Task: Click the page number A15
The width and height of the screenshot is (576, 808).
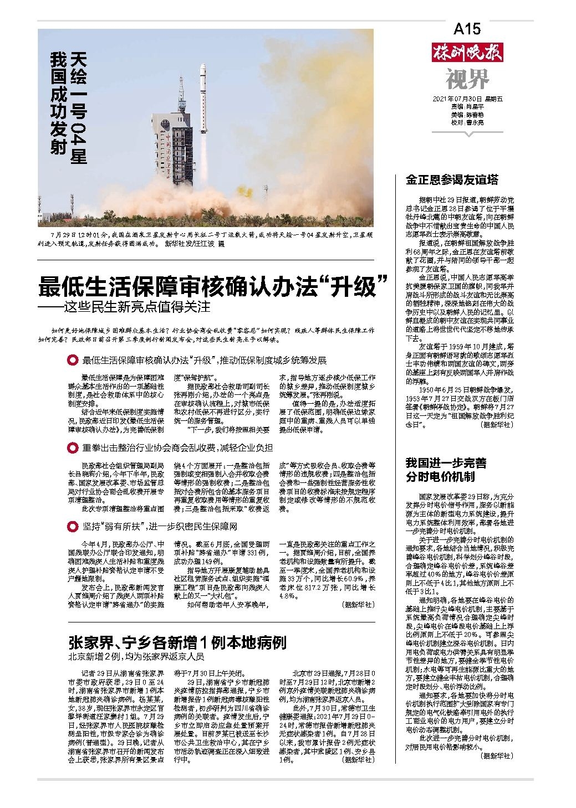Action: [x=467, y=29]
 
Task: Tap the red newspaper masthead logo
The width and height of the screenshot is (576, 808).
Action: [x=467, y=54]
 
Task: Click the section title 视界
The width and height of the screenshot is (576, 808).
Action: [x=467, y=79]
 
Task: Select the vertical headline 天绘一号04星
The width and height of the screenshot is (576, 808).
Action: [x=78, y=108]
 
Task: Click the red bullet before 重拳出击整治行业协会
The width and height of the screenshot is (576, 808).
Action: [x=71, y=447]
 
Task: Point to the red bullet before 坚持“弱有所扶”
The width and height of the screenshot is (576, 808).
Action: [x=71, y=526]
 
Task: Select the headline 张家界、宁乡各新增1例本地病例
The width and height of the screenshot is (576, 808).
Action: [x=177, y=643]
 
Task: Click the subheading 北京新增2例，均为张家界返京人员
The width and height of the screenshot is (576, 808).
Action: [x=136, y=657]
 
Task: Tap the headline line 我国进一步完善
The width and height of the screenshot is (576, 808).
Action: [x=445, y=462]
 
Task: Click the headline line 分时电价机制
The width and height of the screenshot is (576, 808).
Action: [x=441, y=476]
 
